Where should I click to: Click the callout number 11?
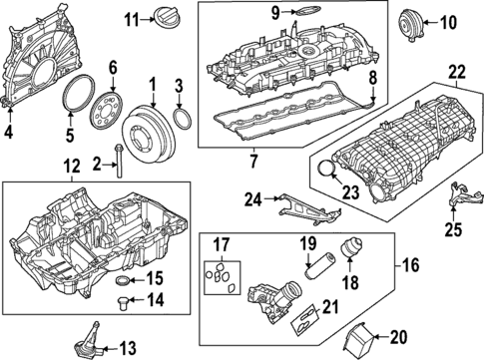pos(131,20)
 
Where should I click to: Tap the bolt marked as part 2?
pos(119,161)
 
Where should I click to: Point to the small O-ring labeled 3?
pos(183,118)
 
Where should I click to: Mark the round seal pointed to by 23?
pos(325,168)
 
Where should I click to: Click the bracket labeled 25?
pos(464,195)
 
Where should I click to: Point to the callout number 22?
pos(456,73)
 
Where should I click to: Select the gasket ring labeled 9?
pos(307,11)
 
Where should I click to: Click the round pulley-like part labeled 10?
pos(410,25)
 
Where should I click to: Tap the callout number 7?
pos(253,162)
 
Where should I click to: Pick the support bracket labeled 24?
pos(307,209)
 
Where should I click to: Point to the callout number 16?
pos(411,265)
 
